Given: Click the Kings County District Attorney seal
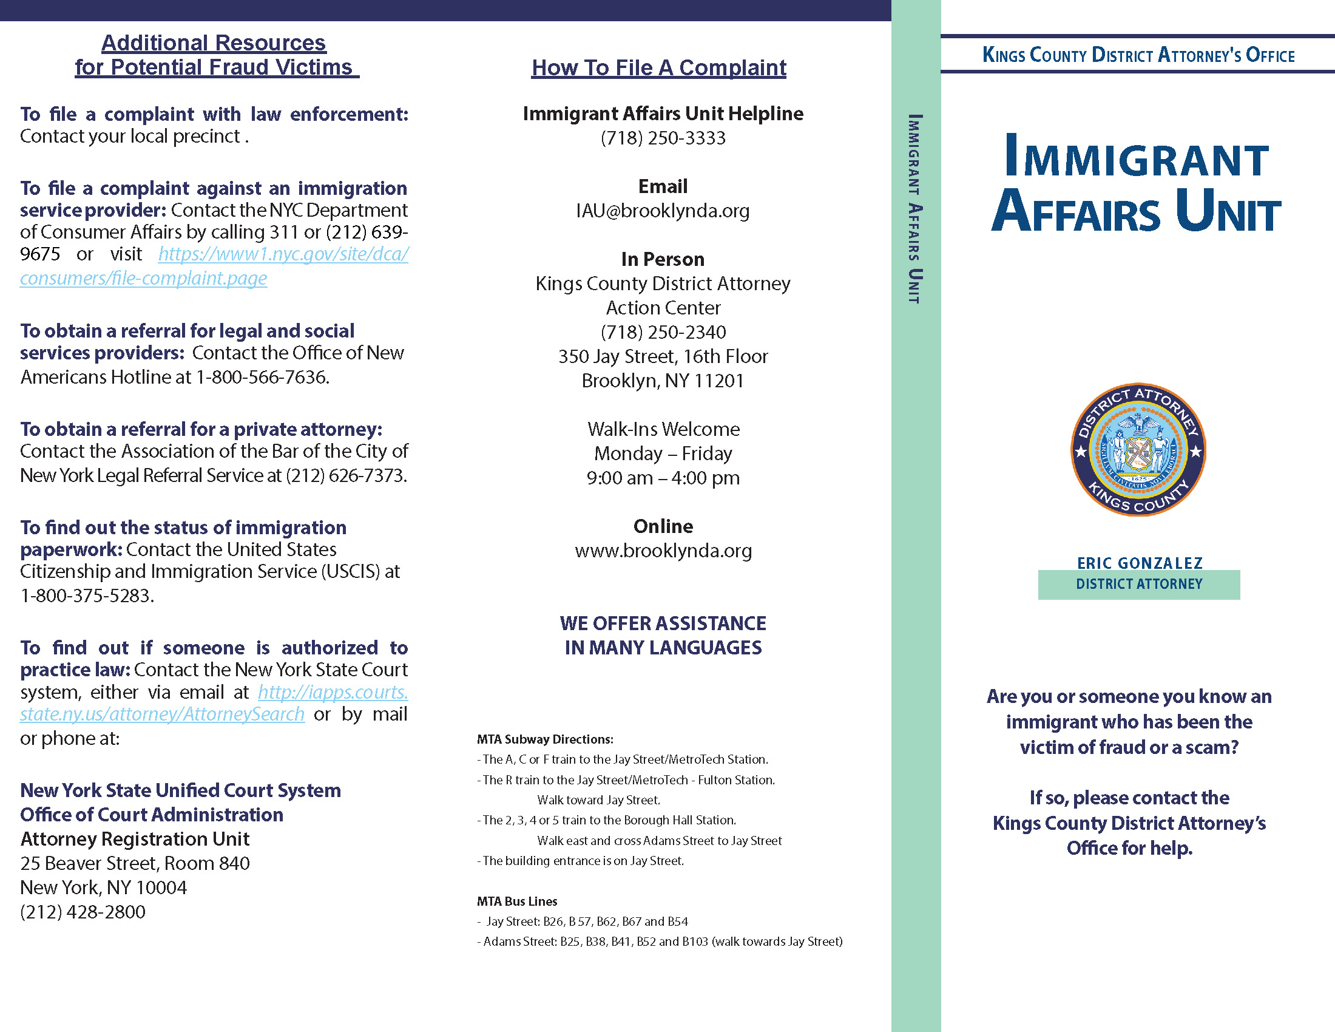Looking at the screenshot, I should tap(1138, 450).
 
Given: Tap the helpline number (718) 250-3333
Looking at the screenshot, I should tap(663, 138).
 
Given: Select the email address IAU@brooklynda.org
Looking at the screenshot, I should tap(663, 211).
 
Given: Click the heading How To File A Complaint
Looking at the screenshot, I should tap(658, 68).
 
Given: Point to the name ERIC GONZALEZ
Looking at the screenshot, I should tap(1140, 563).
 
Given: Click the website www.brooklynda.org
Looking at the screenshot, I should tap(663, 551).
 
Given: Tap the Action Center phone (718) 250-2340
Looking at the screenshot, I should tap(663, 332).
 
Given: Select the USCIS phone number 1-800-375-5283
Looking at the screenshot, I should tap(87, 596).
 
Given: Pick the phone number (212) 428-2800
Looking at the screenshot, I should tap(83, 912).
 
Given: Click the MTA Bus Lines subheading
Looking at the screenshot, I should tap(516, 901).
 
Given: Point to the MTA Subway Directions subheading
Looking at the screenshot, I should tap(545, 739).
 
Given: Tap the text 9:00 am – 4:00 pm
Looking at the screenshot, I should tap(663, 478).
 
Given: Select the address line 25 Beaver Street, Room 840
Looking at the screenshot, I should tap(135, 863).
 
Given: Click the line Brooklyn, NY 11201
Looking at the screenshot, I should tap(663, 381).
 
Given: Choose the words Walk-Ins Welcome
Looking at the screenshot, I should tap(663, 429).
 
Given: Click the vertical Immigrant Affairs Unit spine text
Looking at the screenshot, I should tap(915, 208).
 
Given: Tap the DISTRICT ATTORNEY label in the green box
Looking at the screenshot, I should tap(1139, 585).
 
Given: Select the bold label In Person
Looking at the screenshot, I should tap(663, 259).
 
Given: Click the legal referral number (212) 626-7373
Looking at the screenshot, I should tap(346, 476).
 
